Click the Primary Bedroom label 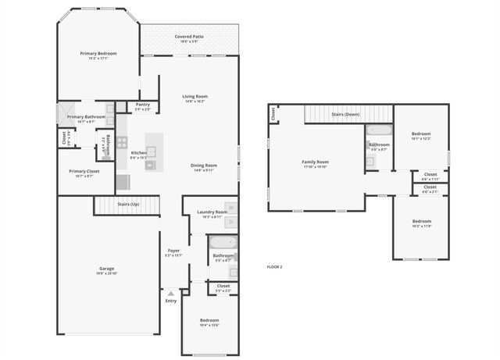point(98,54)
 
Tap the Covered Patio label point(190,37)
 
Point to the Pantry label point(142,104)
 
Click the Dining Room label point(204,166)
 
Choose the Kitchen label point(138,153)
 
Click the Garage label point(106,269)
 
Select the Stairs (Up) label point(128,204)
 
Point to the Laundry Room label point(212,212)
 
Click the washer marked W point(230,208)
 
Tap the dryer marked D point(230,222)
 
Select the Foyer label point(173,251)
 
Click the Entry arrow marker point(170,294)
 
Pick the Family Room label point(315,162)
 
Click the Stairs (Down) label point(345,114)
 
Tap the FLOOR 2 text point(274,267)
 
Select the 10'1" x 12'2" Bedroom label point(420,134)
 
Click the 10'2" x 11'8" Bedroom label point(421,222)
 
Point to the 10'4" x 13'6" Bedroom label point(209,321)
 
